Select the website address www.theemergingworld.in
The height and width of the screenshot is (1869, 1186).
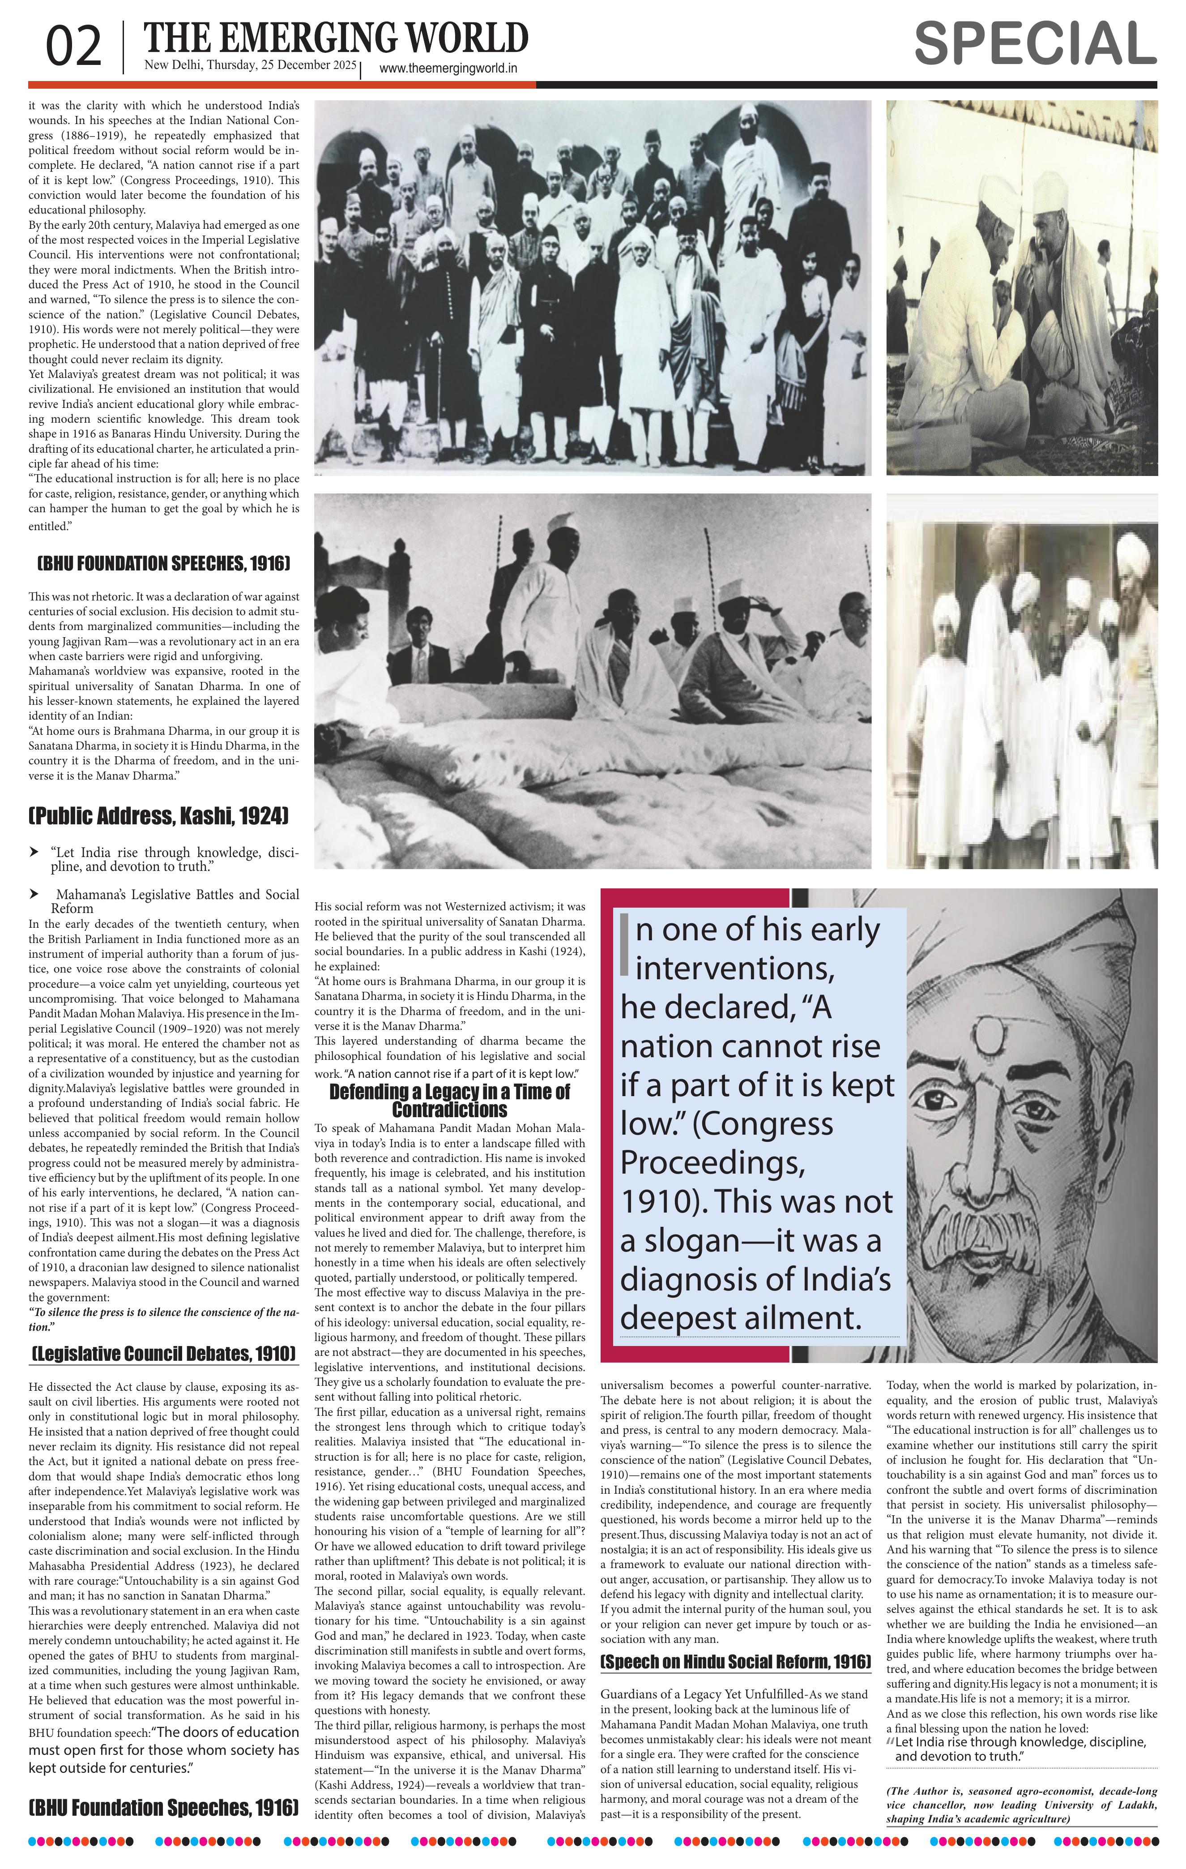pyautogui.click(x=448, y=69)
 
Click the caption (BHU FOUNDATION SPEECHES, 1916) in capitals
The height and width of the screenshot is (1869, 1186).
pyautogui.click(x=164, y=563)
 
